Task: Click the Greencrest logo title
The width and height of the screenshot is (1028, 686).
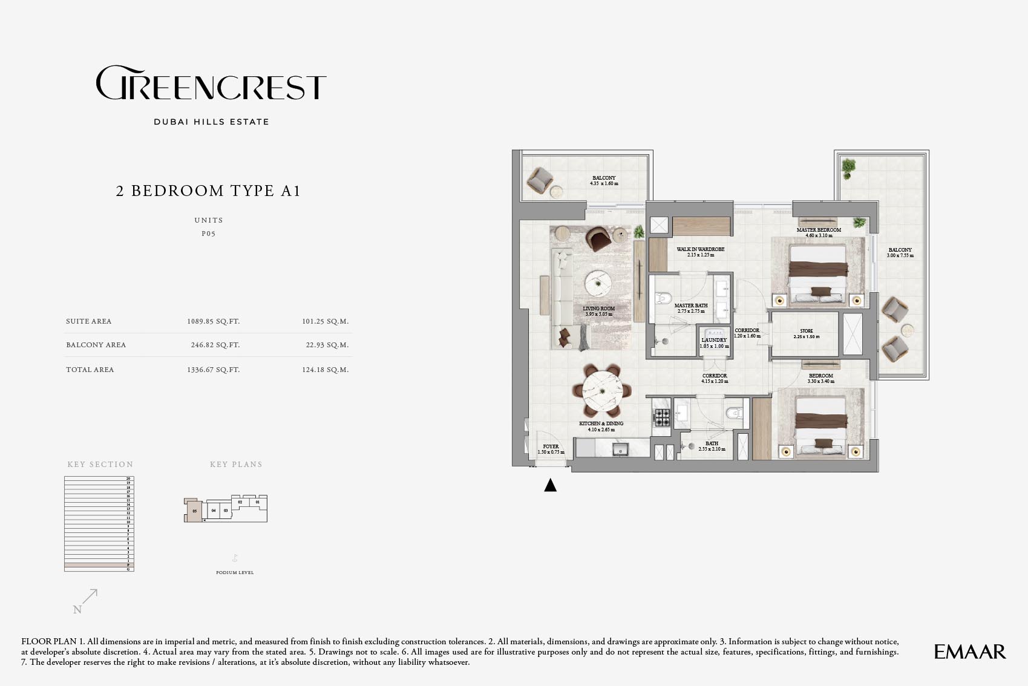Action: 211,83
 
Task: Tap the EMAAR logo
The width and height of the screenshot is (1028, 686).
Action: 969,652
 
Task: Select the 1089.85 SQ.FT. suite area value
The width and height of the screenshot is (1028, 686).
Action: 213,321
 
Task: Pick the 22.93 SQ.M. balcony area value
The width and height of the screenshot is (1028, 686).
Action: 327,345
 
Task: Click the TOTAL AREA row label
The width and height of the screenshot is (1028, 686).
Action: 90,370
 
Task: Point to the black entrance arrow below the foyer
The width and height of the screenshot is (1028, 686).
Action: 550,485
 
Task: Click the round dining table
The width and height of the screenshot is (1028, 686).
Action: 602,391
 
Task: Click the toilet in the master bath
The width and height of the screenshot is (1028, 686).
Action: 664,298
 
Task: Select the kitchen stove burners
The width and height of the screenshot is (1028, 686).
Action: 662,417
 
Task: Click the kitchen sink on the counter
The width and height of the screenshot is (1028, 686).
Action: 620,449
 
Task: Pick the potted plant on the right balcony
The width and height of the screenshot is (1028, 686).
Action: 848,167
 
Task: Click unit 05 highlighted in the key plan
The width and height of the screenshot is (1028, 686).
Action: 194,511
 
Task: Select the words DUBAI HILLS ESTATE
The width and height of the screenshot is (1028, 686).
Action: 211,122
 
